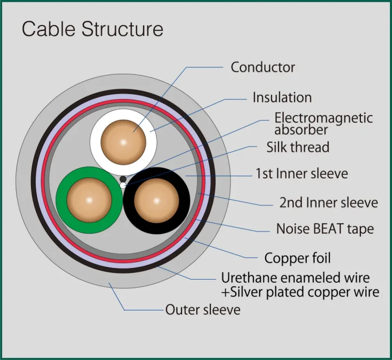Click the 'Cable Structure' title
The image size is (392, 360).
pyautogui.click(x=92, y=29)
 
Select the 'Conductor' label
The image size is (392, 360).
pyautogui.click(x=263, y=67)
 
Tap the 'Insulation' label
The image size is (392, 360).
pyautogui.click(x=282, y=98)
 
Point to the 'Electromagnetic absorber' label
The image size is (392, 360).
pyautogui.click(x=323, y=124)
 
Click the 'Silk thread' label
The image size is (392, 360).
pyautogui.click(x=298, y=147)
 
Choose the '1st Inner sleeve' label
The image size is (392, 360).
pyautogui.click(x=302, y=174)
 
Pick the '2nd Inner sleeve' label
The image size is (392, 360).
pyautogui.click(x=328, y=203)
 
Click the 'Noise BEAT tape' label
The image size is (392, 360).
pyautogui.click(x=325, y=229)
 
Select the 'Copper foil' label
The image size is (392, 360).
pyautogui.click(x=297, y=258)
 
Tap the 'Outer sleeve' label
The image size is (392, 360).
pyautogui.click(x=203, y=309)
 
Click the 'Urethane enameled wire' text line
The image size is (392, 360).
pyautogui.click(x=295, y=278)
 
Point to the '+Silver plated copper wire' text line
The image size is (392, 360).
pyautogui.click(x=300, y=292)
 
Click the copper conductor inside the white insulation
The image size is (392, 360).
pyautogui.click(x=123, y=142)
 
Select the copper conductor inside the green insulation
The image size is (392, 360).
pyautogui.click(x=89, y=200)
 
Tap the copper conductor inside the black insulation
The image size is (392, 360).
pyautogui.click(x=156, y=200)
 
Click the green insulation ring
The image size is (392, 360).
pyautogui.click(x=61, y=200)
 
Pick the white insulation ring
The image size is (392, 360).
pyautogui.click(x=95, y=142)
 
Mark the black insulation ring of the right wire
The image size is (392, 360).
pyautogui.click(x=185, y=200)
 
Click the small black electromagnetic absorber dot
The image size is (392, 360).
pyautogui.click(x=123, y=179)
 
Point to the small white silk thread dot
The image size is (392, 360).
pyautogui.click(x=123, y=185)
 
